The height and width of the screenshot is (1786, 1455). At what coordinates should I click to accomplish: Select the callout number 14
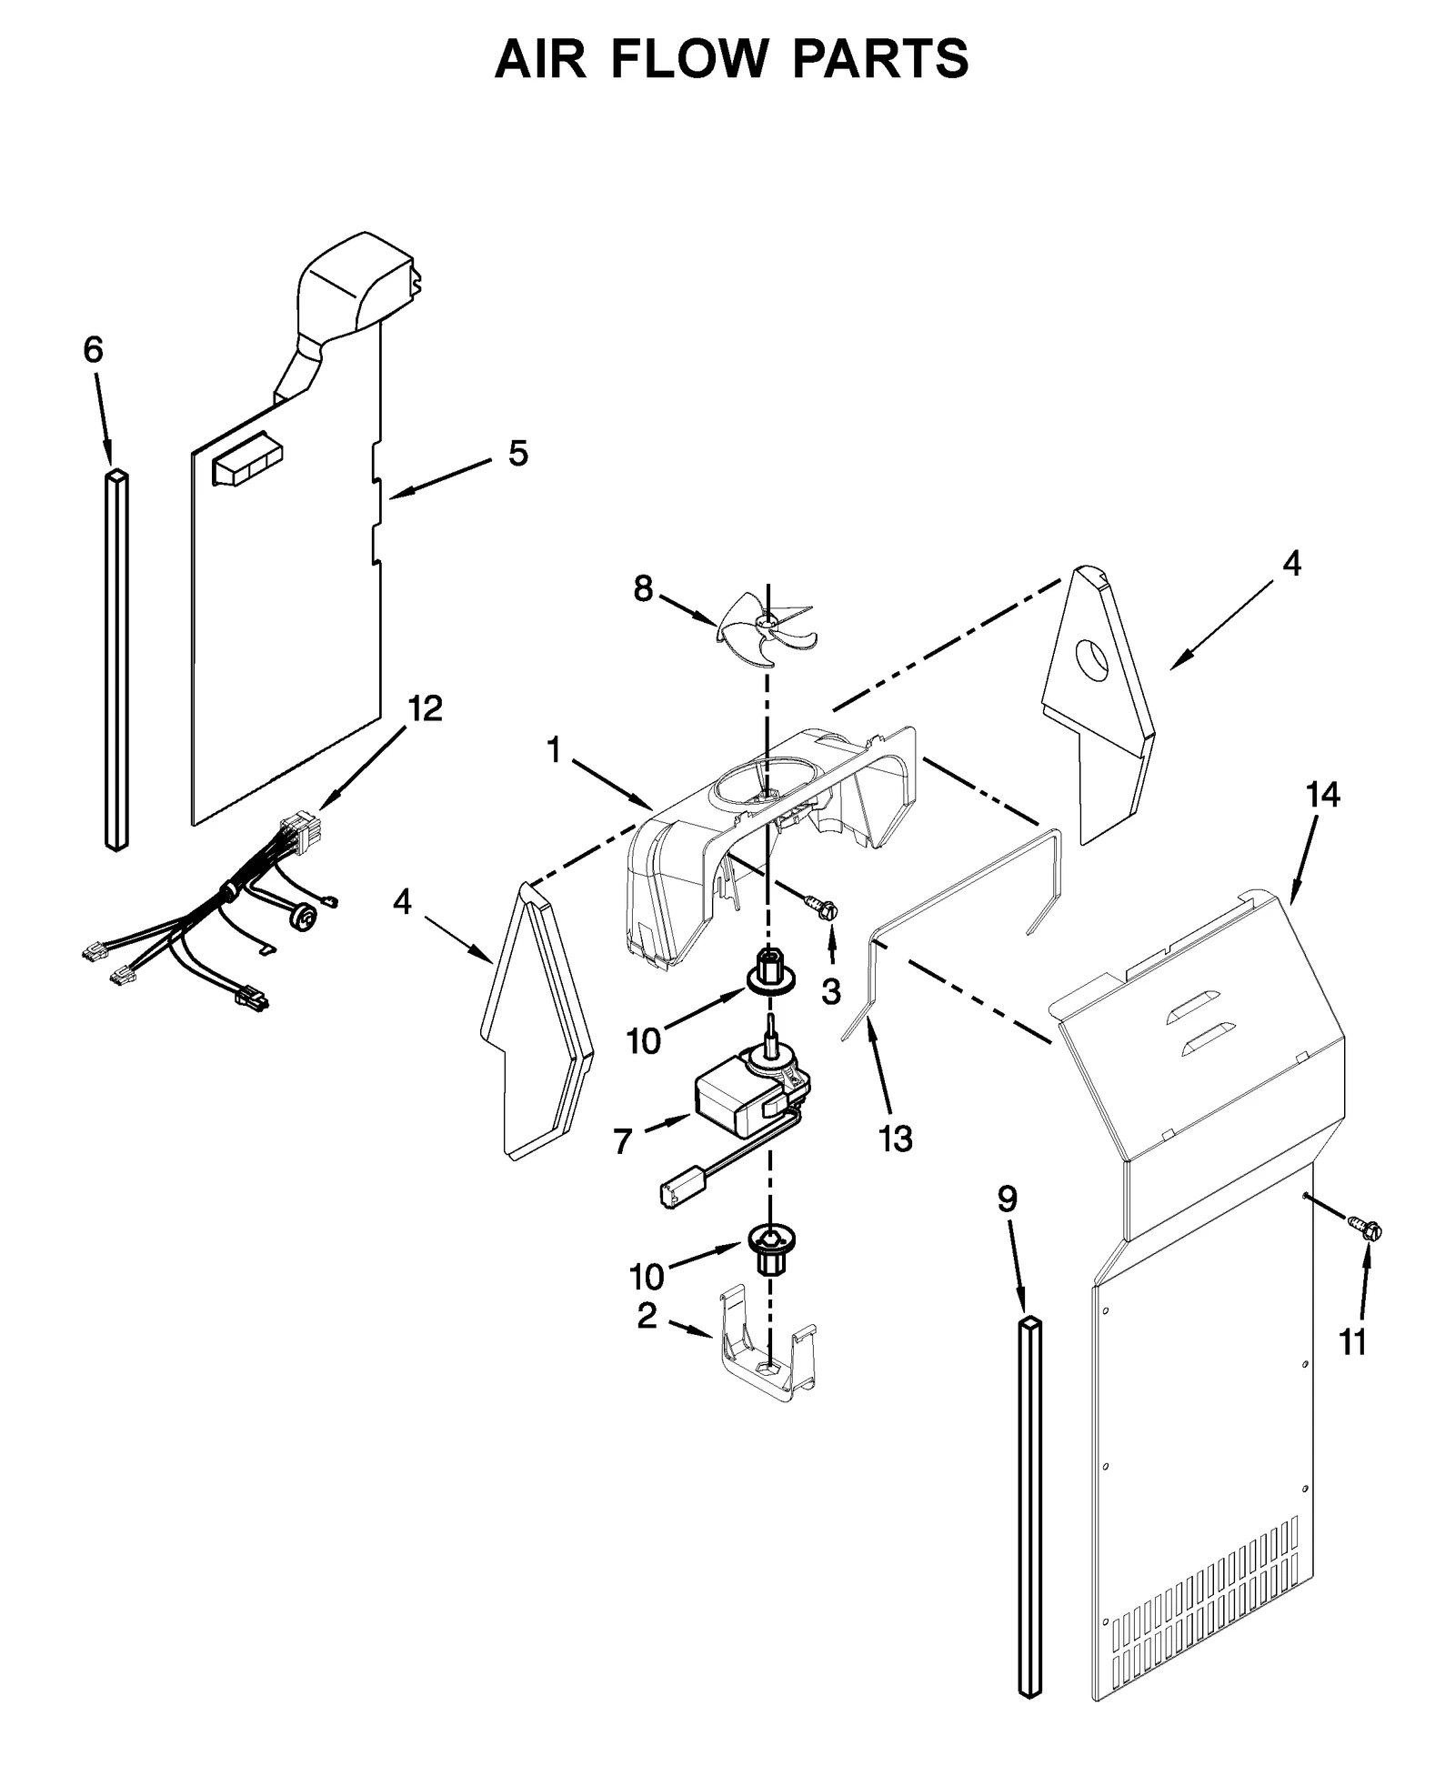coord(1322,795)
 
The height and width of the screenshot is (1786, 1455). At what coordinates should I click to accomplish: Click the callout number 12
coord(425,708)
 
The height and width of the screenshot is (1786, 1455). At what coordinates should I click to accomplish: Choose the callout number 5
coord(517,452)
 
